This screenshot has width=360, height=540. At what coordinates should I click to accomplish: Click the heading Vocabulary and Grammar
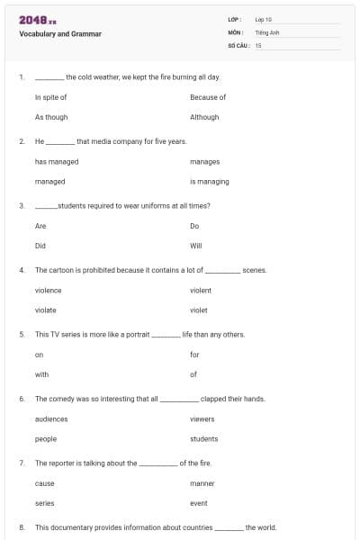tap(60, 34)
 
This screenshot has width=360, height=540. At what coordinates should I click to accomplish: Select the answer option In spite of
tap(50, 97)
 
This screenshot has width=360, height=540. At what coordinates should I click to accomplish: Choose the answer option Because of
tap(208, 97)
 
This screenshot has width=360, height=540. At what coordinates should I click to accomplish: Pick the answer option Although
tap(204, 117)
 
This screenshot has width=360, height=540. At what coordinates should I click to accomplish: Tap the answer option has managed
tap(57, 162)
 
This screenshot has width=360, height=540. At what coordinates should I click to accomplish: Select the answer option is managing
tap(210, 182)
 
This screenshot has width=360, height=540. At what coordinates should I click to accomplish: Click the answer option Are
tap(40, 226)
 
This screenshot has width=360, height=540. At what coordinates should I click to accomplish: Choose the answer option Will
tap(196, 246)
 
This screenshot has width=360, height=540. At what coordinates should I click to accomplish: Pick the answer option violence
tap(49, 291)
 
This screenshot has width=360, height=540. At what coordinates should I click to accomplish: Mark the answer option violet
tap(199, 310)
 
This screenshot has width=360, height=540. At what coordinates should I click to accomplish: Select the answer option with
tap(41, 374)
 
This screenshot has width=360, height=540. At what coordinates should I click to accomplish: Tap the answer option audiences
tap(51, 419)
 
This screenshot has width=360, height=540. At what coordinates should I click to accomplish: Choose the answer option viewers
tap(202, 419)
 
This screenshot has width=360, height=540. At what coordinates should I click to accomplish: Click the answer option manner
tap(202, 483)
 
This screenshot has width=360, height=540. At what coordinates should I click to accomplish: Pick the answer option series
tap(45, 503)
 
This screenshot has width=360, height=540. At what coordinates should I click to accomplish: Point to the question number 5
tap(21, 335)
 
